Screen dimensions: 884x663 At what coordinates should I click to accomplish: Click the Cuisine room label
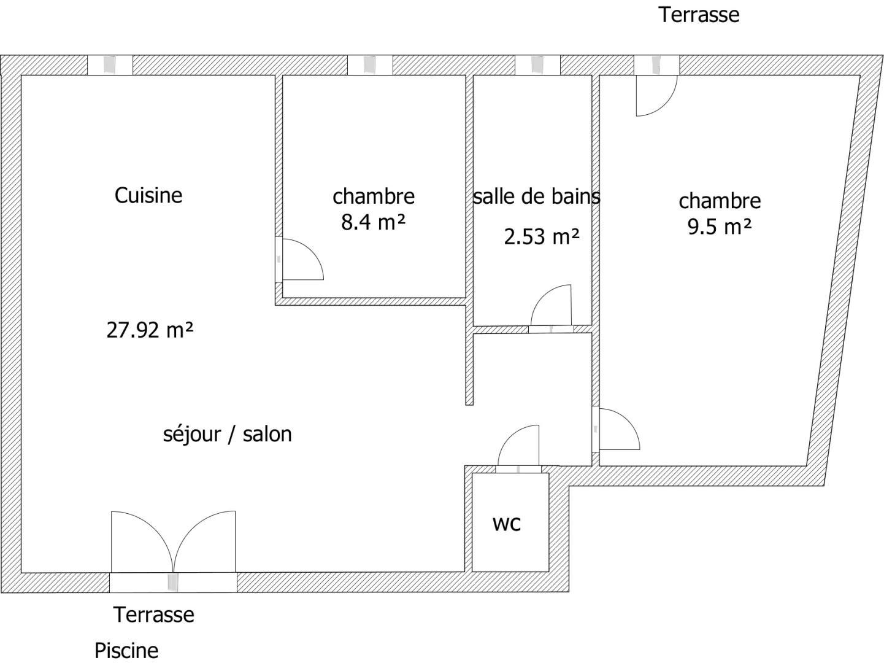(148, 195)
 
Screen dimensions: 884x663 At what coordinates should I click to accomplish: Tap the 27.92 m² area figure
(150, 330)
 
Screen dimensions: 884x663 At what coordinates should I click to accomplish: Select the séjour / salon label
(227, 435)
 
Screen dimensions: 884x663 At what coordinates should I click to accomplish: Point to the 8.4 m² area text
(373, 222)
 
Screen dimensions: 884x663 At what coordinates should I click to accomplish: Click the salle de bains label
(536, 196)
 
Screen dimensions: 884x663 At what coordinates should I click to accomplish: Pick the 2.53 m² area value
(542, 236)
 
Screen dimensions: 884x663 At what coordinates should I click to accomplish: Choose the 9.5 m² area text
(719, 227)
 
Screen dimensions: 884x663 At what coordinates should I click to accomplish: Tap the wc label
(507, 524)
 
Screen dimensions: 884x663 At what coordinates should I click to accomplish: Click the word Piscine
(126, 651)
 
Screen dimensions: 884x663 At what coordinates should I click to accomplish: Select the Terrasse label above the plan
(699, 15)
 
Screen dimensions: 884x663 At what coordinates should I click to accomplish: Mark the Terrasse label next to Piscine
(154, 615)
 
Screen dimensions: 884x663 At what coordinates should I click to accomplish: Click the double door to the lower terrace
(173, 552)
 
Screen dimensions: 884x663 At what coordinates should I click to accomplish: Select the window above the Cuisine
(110, 65)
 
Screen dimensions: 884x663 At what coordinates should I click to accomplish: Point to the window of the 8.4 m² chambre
(370, 65)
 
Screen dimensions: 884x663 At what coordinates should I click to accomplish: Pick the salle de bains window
(537, 65)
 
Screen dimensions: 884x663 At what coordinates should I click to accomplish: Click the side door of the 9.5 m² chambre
(616, 429)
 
